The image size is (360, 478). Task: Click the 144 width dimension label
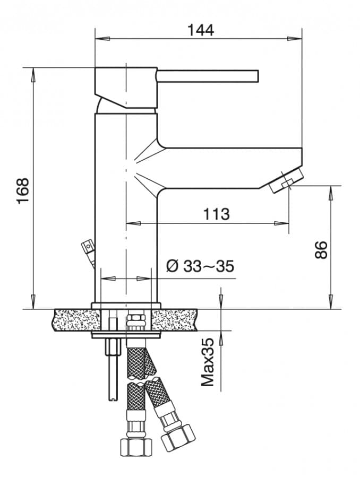[200, 30]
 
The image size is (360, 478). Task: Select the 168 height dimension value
[22, 191]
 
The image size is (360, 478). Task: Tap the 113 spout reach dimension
[216, 214]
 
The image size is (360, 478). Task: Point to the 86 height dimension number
[321, 249]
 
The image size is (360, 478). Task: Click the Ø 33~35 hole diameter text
[200, 266]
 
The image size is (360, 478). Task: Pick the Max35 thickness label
[208, 362]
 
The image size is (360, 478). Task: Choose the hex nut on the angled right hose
[177, 436]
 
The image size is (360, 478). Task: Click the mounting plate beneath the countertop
[126, 335]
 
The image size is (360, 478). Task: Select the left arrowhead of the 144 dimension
[101, 38]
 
